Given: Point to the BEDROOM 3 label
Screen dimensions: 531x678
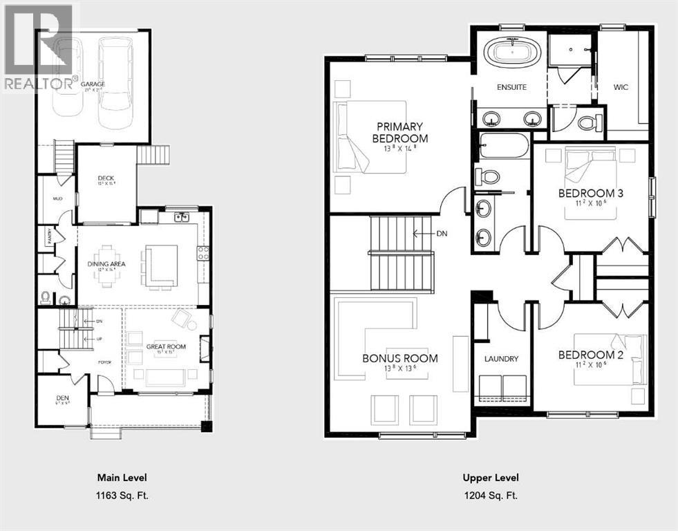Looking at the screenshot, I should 590,194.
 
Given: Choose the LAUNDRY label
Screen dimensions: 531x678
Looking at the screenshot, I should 501,359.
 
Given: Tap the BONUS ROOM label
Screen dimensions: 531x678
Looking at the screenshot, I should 400,358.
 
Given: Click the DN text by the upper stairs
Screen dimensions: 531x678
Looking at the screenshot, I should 442,234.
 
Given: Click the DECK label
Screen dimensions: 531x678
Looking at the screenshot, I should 106,178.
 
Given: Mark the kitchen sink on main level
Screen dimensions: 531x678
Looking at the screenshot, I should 182,217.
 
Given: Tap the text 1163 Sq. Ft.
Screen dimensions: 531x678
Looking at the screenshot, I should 121,495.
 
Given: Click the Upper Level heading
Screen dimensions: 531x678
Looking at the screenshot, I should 490,478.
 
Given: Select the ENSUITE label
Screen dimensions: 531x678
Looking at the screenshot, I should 511,87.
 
